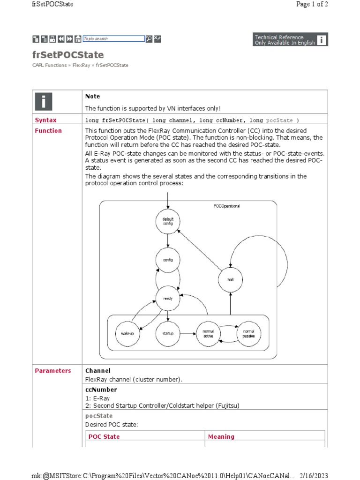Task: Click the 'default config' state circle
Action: click(x=168, y=222)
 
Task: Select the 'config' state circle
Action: click(x=168, y=260)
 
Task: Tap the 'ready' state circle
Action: click(x=168, y=299)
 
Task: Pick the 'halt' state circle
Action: click(x=230, y=279)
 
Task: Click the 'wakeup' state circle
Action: click(x=127, y=333)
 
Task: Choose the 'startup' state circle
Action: click(x=168, y=333)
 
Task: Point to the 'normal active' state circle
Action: click(x=208, y=333)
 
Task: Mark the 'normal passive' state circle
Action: click(x=248, y=333)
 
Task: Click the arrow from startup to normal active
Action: click(x=188, y=334)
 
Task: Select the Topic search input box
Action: click(x=113, y=39)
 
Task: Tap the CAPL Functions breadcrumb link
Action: click(x=50, y=65)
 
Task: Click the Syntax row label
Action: click(x=45, y=120)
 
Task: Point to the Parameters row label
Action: click(x=53, y=371)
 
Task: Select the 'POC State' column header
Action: click(x=104, y=436)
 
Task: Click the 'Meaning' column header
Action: click(x=221, y=436)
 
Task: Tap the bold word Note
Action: click(x=93, y=96)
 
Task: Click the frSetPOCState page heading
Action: click(x=68, y=55)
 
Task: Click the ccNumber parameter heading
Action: click(x=101, y=390)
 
